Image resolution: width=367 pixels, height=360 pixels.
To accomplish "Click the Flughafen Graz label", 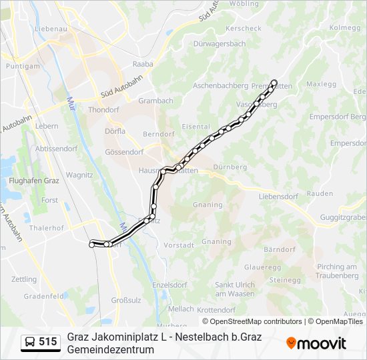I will click(x=34, y=181).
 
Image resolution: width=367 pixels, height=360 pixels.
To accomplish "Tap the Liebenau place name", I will click(x=51, y=29).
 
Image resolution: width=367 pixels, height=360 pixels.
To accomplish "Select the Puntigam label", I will click(x=19, y=67).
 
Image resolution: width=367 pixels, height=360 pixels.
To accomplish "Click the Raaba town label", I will click(x=143, y=64).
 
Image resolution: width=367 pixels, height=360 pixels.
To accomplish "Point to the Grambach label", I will click(x=155, y=101).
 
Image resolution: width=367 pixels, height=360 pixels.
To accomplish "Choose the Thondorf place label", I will click(x=103, y=109).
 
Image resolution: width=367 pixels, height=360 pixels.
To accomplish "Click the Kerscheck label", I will click(x=244, y=29).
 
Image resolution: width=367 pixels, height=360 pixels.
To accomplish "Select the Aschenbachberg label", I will click(x=220, y=86).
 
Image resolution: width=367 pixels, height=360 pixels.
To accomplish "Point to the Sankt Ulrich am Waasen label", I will click(x=235, y=289).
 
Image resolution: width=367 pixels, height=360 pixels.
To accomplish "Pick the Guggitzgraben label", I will click(x=343, y=217).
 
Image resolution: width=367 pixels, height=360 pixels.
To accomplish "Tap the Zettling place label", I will click(x=24, y=279).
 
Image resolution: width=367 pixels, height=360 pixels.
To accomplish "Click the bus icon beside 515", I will click(x=30, y=342).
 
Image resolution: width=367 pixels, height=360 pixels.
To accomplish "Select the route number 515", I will click(x=48, y=342).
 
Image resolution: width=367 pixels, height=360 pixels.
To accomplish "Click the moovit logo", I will click(x=316, y=343).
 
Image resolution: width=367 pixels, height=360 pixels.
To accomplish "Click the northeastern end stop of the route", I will click(x=274, y=83).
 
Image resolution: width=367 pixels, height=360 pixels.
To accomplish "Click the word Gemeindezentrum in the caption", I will click(x=111, y=349).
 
